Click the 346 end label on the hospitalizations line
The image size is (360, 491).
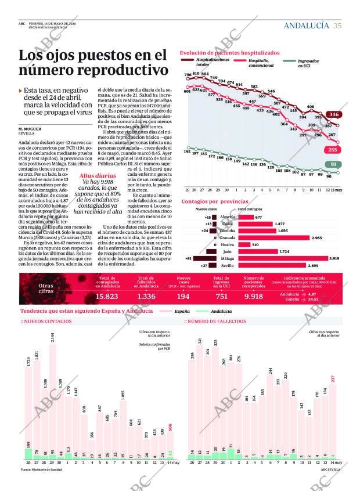(333, 115)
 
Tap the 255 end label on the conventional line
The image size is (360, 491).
(332, 150)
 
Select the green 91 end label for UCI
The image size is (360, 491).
(333, 164)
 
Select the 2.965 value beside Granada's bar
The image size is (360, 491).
(317, 237)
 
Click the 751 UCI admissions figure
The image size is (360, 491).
(221, 297)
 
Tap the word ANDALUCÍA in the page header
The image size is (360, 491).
(306, 26)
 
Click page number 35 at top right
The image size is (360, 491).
(337, 26)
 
